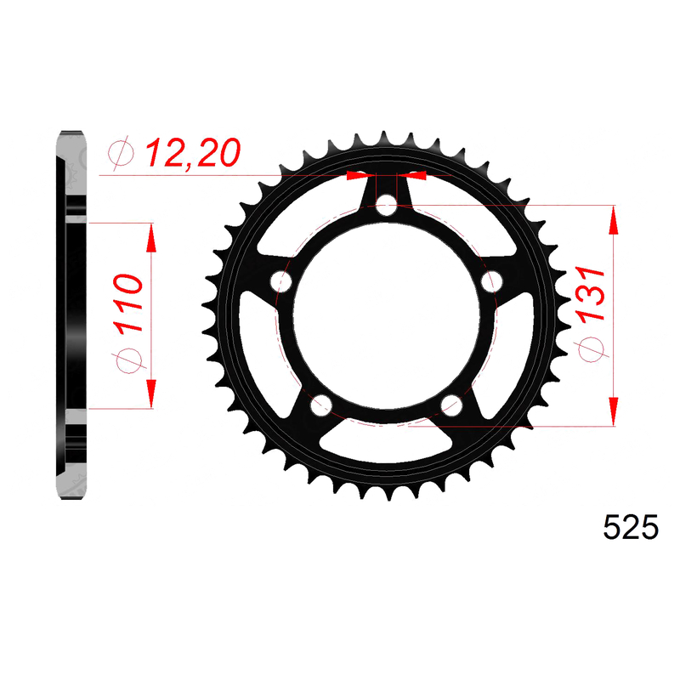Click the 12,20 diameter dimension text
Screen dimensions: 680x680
click(193, 154)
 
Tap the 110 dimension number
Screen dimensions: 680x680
click(128, 303)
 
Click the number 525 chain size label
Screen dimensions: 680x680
click(631, 527)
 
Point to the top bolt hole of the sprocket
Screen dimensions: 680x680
click(386, 205)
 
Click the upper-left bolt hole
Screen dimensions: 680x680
click(281, 281)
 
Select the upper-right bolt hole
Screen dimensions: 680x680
click(492, 281)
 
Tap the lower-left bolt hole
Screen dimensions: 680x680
click(321, 405)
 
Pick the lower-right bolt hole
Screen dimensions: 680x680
click(451, 405)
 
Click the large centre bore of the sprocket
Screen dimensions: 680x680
click(387, 315)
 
